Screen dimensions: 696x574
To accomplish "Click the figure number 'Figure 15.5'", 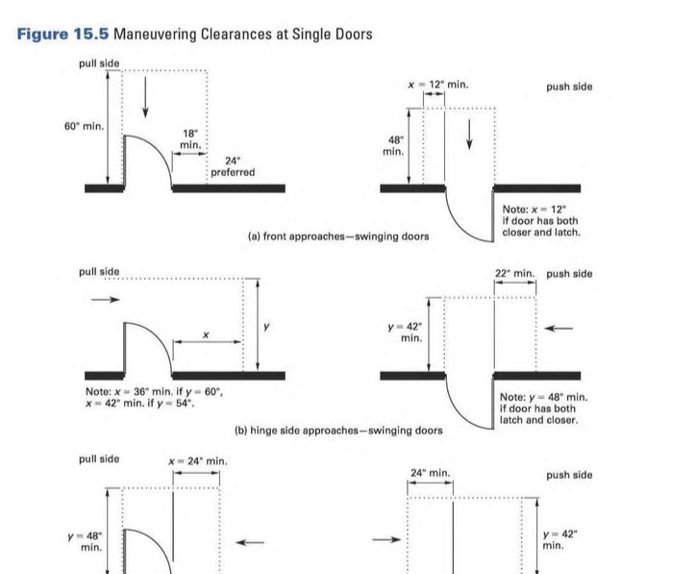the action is tap(62, 35).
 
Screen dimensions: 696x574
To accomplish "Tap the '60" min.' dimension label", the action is tap(85, 126).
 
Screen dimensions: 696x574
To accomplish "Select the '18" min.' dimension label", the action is tap(190, 138).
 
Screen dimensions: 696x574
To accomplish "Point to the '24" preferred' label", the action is tap(233, 166).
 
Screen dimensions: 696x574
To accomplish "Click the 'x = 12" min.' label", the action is tap(437, 85).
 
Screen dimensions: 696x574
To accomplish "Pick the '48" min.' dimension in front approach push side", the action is tap(393, 145).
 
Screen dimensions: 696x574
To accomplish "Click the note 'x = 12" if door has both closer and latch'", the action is tap(541, 221).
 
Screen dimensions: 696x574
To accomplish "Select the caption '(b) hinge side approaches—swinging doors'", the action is tap(338, 430).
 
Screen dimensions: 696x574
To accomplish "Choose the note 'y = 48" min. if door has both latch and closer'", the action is tap(543, 409).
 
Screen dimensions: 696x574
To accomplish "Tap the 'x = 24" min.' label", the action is tap(197, 462).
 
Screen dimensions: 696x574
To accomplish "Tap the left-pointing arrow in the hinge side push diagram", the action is tap(559, 329).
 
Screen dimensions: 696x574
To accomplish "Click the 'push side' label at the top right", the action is tap(569, 87).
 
